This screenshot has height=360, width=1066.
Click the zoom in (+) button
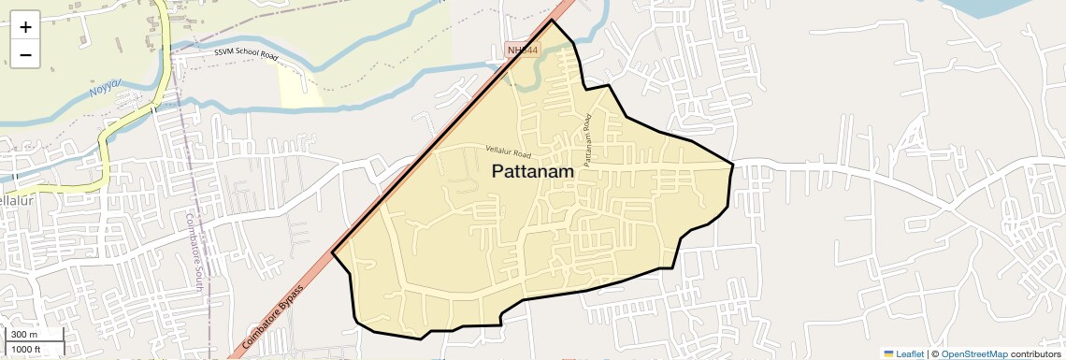click(x=25, y=27)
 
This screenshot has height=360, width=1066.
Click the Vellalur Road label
click(x=509, y=151)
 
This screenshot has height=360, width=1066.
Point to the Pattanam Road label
click(x=587, y=141)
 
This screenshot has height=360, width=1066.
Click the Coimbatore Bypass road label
click(x=272, y=318)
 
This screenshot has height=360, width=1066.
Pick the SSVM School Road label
click(x=246, y=54)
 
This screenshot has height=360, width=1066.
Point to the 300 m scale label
click(x=24, y=334)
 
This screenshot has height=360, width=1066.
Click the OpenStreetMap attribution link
click(x=973, y=353)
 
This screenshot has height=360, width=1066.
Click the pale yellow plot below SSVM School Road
click(x=300, y=87)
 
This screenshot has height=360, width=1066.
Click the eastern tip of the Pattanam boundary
click(x=732, y=165)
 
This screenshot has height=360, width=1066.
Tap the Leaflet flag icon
click(x=888, y=353)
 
